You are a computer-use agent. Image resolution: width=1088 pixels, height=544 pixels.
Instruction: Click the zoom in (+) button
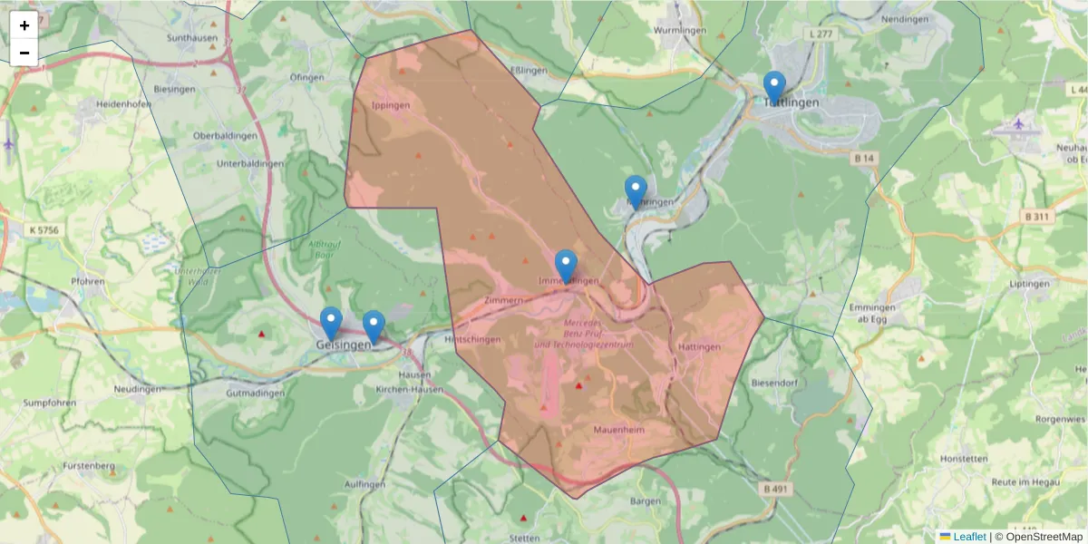click(x=24, y=25)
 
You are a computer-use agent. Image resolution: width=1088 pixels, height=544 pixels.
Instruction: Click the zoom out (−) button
click(x=24, y=53)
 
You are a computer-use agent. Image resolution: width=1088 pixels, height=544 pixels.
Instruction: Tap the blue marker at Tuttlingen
click(x=773, y=88)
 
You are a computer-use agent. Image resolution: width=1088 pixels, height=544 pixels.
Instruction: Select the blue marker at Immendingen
click(x=566, y=267)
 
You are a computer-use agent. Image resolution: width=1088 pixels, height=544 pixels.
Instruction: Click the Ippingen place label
click(x=392, y=105)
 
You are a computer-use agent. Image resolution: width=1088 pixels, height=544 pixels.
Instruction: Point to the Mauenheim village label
click(x=619, y=430)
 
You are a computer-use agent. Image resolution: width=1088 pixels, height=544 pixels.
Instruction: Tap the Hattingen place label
click(x=699, y=347)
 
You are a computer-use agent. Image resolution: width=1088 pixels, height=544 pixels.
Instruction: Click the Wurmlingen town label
click(x=680, y=30)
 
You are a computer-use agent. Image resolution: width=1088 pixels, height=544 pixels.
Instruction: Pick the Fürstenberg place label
click(x=90, y=466)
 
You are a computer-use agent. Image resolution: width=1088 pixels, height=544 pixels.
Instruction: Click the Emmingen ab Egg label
click(x=873, y=313)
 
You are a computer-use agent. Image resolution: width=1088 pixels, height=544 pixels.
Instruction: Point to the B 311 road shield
click(x=1036, y=217)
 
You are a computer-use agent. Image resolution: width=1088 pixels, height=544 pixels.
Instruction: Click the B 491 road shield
click(x=773, y=489)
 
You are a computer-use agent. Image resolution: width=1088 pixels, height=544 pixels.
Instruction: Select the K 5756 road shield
click(x=43, y=230)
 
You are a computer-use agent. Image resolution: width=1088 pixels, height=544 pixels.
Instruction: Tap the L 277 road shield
click(x=819, y=34)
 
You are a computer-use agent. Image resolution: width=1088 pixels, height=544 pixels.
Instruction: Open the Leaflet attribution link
click(x=969, y=537)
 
